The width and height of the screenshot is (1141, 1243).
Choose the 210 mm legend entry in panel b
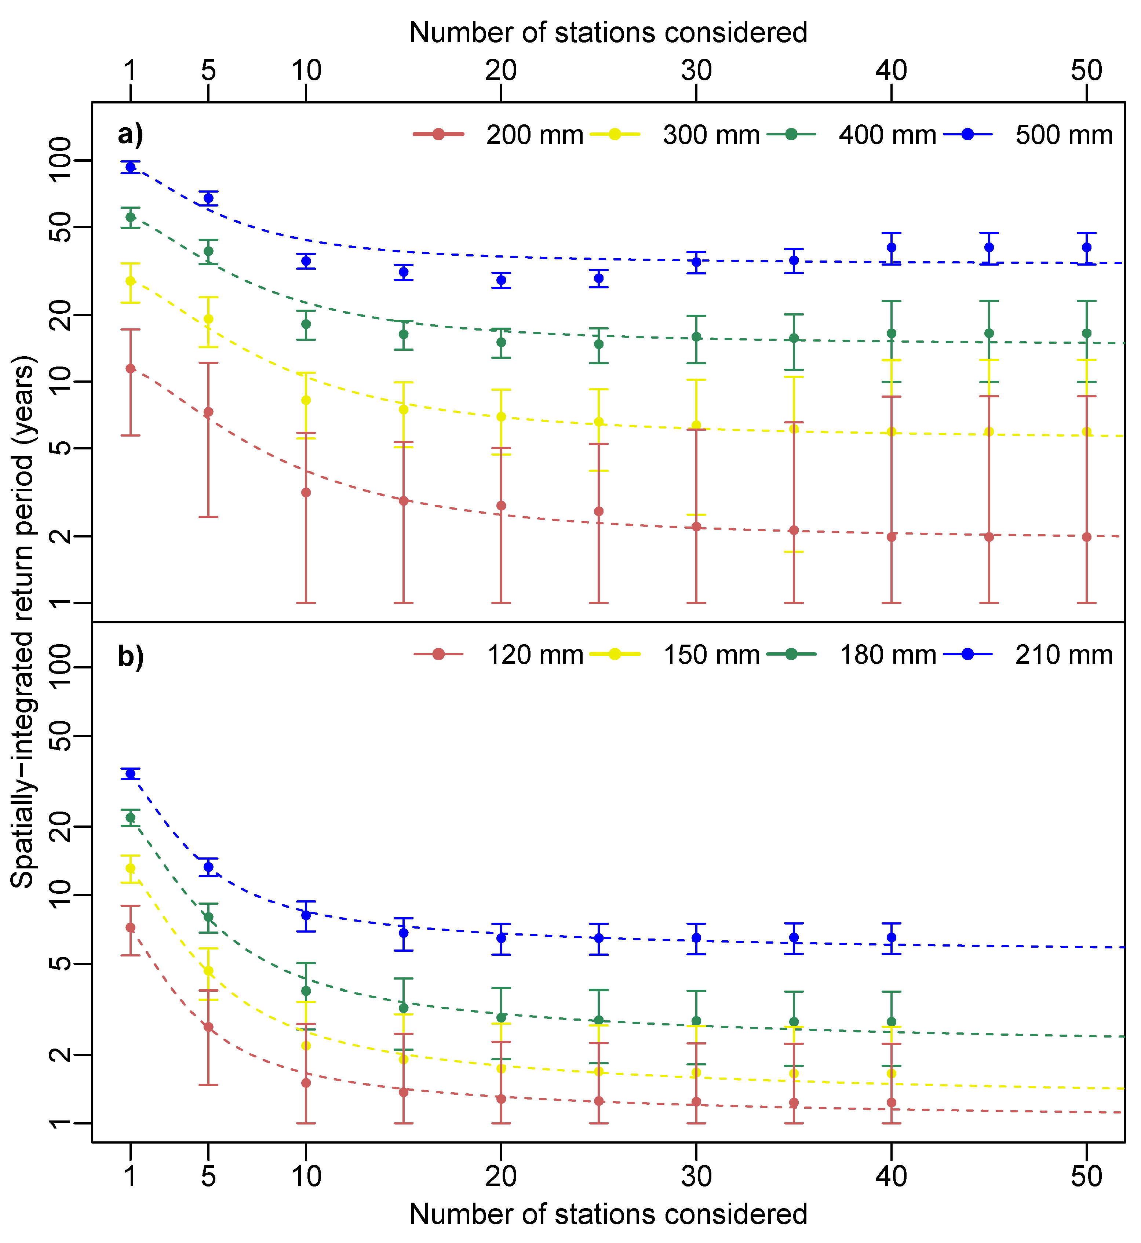point(1063,655)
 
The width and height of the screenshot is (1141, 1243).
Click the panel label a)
point(130,134)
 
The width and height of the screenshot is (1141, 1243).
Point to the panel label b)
point(130,656)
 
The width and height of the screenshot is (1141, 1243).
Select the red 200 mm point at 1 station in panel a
point(130,369)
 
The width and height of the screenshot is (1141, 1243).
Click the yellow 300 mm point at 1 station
point(130,281)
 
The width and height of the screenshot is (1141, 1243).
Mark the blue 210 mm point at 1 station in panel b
point(130,774)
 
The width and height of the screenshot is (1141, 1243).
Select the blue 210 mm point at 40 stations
point(892,937)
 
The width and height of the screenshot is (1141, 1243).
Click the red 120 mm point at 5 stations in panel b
point(209,1027)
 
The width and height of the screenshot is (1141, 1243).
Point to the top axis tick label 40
point(892,71)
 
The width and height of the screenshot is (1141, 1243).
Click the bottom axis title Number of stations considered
point(608,1214)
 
